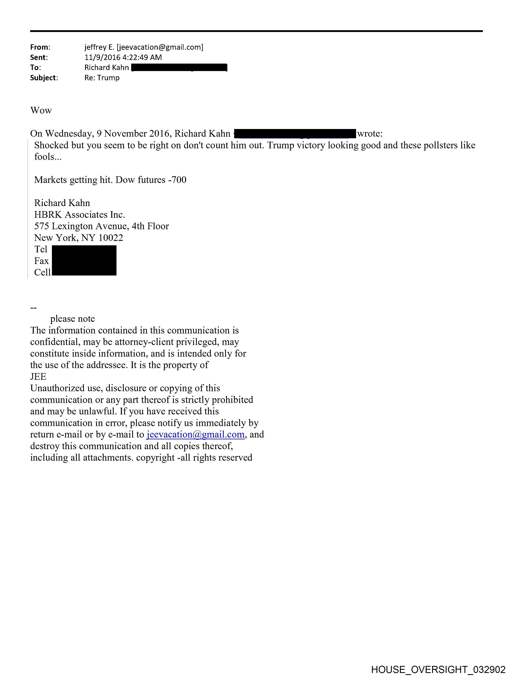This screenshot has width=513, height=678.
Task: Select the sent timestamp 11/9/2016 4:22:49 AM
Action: pos(123,57)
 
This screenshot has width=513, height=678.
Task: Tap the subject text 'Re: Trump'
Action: pos(102,78)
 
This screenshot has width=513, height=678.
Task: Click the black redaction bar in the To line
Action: pos(179,67)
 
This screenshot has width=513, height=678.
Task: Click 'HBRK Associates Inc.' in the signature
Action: pos(79,215)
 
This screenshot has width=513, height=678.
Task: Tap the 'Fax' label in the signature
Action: pos(41,261)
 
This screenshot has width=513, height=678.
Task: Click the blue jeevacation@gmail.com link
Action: pos(196,435)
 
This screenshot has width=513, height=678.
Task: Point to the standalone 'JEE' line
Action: pos(38,377)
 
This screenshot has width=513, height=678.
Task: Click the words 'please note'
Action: pos(73,319)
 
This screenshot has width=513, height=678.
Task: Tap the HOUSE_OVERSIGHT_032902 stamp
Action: pos(438,669)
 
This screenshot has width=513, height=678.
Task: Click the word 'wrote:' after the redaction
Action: pos(370,134)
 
